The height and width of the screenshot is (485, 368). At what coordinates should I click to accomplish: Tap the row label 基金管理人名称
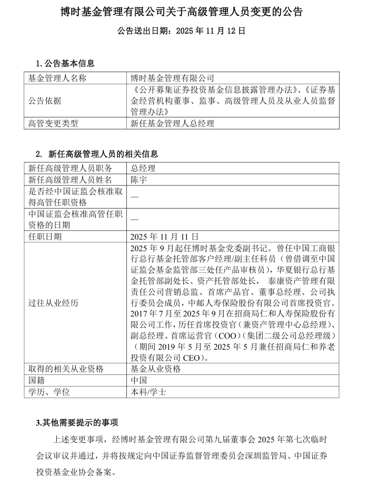click(x=57, y=78)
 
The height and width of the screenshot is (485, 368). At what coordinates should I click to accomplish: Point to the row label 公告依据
click(x=45, y=101)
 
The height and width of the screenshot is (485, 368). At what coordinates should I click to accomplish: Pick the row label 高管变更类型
click(x=53, y=124)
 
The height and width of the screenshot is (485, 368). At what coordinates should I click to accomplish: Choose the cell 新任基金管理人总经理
click(x=173, y=124)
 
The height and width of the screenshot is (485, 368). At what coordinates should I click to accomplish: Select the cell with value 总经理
click(x=143, y=169)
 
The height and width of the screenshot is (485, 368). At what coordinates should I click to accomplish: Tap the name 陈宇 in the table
click(x=139, y=180)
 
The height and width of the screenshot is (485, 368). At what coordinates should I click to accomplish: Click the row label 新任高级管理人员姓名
click(x=70, y=180)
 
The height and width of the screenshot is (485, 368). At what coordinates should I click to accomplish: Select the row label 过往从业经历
click(x=53, y=303)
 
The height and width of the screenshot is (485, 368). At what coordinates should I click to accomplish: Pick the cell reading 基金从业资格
click(x=156, y=369)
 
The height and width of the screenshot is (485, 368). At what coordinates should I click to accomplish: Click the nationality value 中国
click(x=139, y=380)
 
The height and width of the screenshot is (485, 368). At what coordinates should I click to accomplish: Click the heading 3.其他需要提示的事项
click(x=77, y=422)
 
